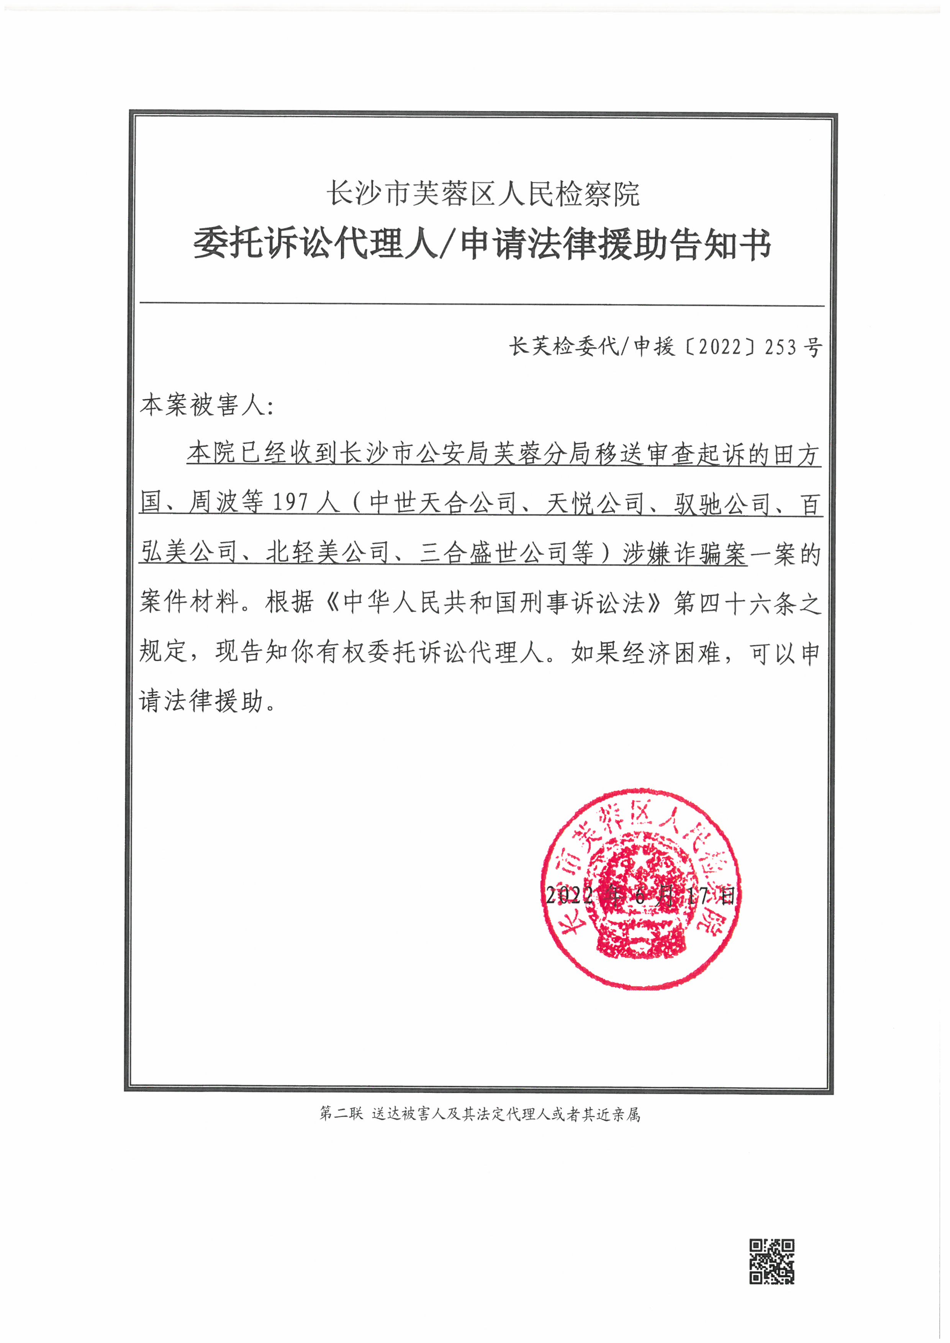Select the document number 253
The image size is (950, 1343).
click(x=780, y=347)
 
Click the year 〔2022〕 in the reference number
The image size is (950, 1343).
click(x=720, y=347)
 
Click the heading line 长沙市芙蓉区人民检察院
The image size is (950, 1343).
click(x=483, y=194)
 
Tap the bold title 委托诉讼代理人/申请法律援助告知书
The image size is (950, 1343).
click(x=483, y=244)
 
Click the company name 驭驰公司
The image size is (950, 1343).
click(x=722, y=503)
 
